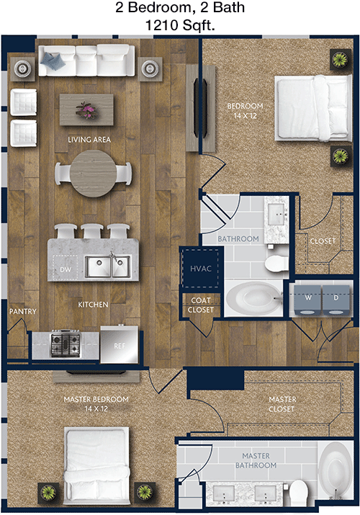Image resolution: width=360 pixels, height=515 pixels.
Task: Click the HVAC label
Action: (200, 269)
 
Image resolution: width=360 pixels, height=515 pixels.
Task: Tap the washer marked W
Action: (307, 300)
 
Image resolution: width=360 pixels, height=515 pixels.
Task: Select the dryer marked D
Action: (336, 300)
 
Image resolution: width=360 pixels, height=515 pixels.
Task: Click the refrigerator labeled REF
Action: (119, 344)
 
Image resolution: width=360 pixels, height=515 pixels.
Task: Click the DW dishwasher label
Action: (66, 269)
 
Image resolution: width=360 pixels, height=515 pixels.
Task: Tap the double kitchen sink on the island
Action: (107, 267)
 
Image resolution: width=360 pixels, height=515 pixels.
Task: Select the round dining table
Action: (93, 174)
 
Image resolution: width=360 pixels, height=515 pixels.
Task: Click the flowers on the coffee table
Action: (86, 110)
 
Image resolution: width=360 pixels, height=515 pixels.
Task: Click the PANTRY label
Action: (22, 311)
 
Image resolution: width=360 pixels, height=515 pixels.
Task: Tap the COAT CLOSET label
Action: (201, 305)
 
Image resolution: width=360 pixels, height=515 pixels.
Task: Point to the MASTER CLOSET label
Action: (282, 404)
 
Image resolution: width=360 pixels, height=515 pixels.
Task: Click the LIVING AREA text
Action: (89, 140)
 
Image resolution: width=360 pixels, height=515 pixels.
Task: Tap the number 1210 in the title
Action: (161, 25)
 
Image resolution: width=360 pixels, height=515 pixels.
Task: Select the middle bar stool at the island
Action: (92, 231)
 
